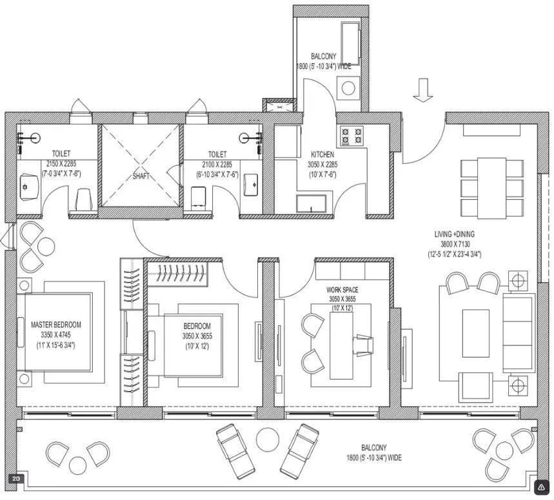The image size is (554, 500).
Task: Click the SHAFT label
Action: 141,175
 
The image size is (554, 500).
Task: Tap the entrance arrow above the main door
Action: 422,90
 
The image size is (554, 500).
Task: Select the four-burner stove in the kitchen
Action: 351,136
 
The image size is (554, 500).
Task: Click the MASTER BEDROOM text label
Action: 56,325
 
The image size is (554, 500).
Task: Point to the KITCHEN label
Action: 322,155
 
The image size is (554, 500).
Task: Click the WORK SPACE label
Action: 342,290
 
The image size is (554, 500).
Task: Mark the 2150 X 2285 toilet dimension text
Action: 61,164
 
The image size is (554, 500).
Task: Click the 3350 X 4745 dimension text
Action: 56,335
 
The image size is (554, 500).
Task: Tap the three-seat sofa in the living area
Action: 519,332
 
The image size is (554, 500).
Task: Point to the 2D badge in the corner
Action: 15,479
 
